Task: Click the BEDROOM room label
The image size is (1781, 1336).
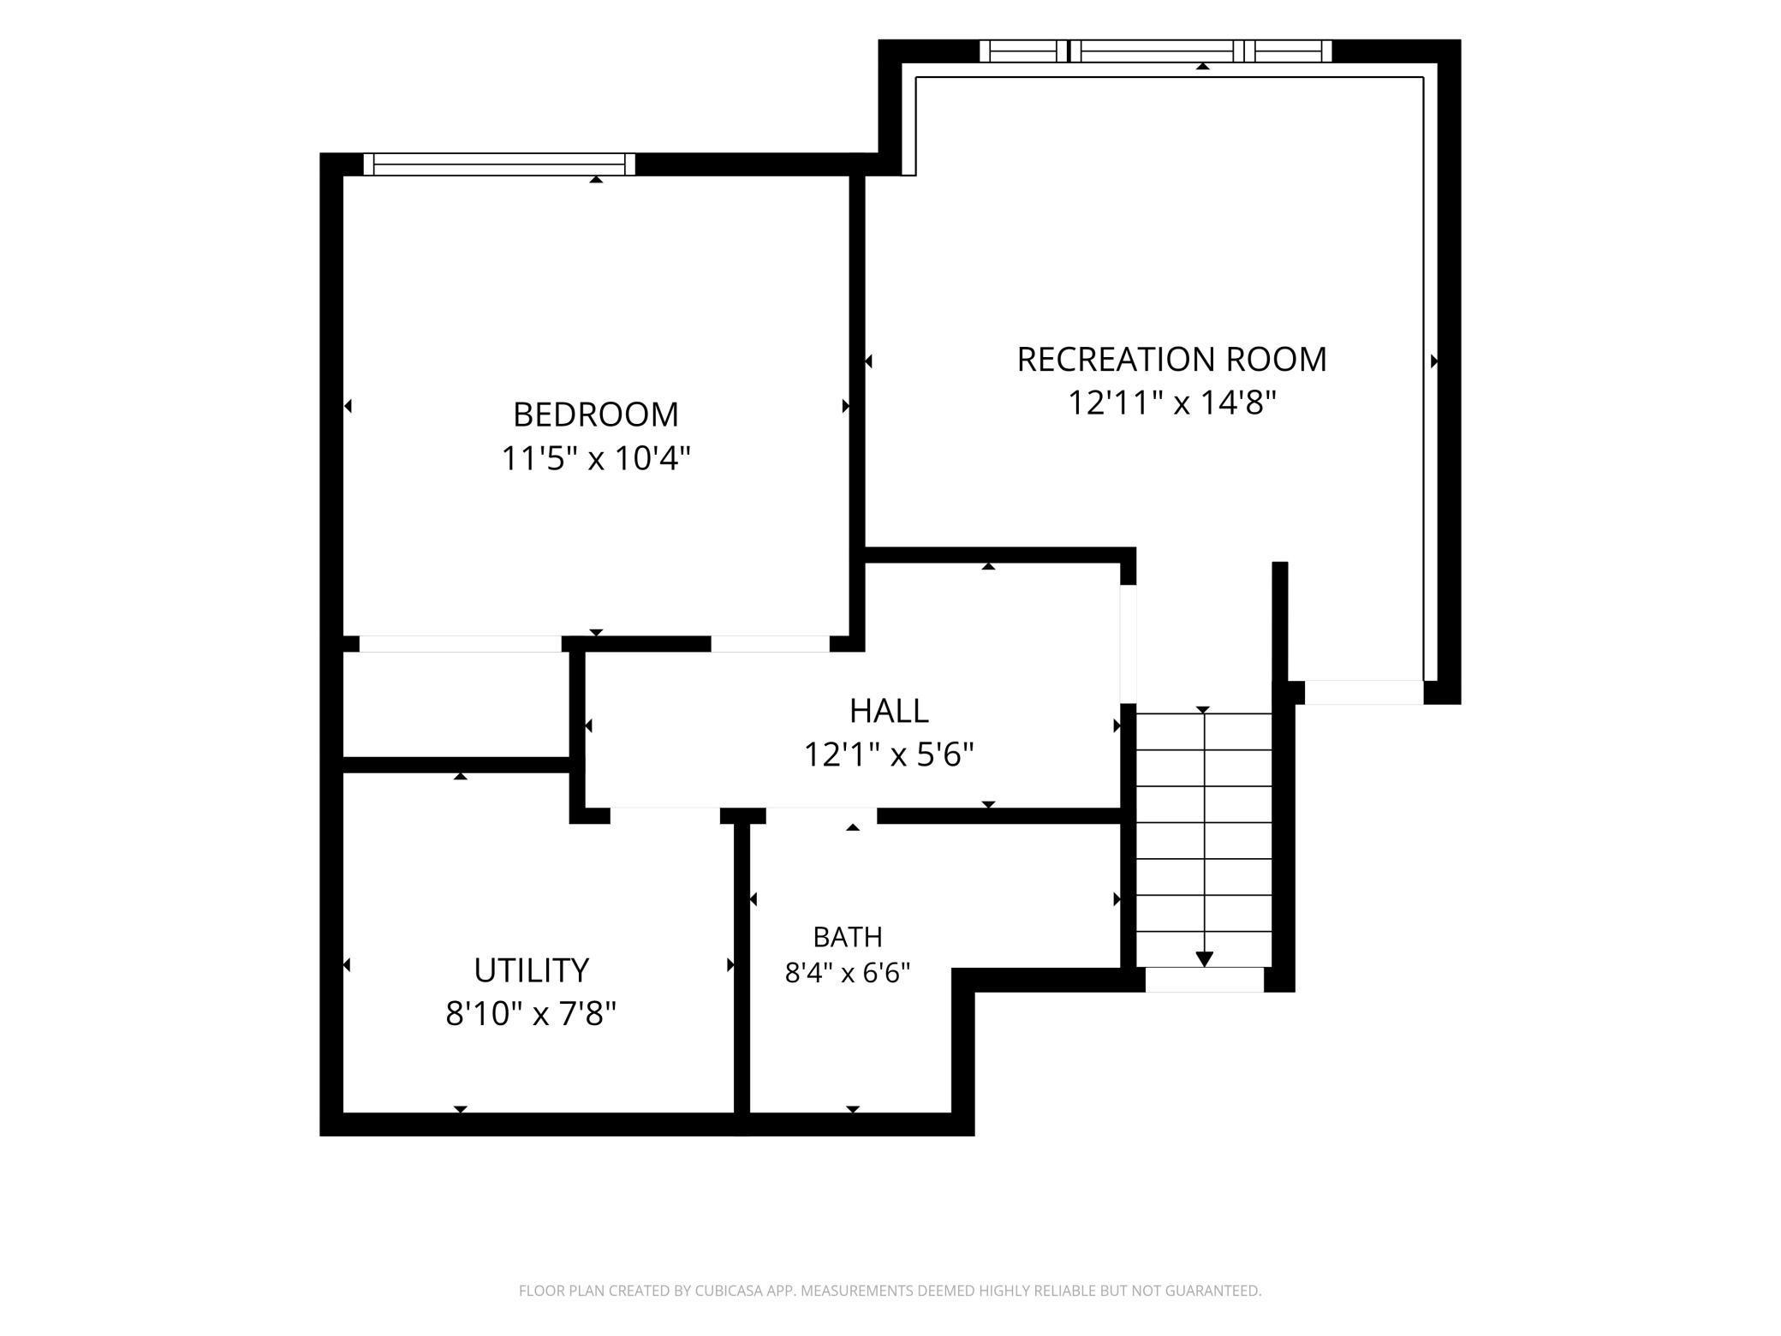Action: click(x=596, y=415)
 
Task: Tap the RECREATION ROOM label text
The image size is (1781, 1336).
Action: click(x=1171, y=360)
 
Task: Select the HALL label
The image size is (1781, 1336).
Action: click(x=889, y=711)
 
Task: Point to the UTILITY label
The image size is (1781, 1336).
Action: click(x=532, y=970)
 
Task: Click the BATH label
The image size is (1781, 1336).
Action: click(x=848, y=938)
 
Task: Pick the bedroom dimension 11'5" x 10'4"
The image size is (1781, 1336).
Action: click(x=596, y=459)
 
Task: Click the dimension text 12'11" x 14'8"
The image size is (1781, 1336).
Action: click(x=1171, y=403)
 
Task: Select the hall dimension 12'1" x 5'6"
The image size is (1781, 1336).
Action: click(x=889, y=755)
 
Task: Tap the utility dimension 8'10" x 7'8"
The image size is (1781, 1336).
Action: click(x=532, y=1015)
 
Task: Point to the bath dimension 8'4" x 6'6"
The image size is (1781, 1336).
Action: click(x=848, y=974)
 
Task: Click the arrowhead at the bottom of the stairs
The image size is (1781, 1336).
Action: click(x=1205, y=959)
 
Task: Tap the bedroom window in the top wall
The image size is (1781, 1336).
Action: click(x=499, y=164)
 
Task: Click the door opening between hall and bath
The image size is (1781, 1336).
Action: click(x=821, y=815)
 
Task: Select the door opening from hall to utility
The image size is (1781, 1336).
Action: click(x=665, y=815)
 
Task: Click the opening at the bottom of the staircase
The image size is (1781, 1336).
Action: click(x=1205, y=980)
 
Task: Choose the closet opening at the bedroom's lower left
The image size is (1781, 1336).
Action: click(x=461, y=644)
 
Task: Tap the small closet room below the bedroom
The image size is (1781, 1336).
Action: click(x=456, y=705)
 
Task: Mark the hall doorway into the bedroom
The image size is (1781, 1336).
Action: click(x=771, y=644)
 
